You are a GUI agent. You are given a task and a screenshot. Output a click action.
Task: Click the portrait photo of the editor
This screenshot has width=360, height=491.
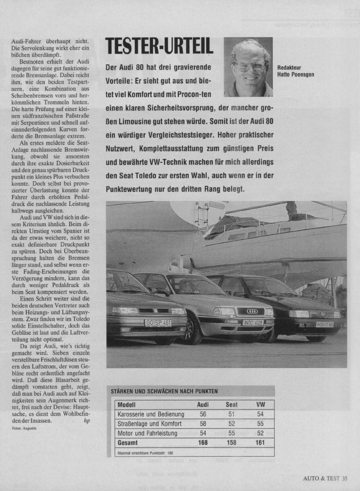pos(248,67)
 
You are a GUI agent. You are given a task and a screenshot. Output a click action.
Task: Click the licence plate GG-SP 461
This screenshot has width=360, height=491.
pos(158,322)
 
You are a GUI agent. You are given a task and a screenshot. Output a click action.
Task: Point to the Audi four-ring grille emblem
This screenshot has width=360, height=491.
pos(252,311)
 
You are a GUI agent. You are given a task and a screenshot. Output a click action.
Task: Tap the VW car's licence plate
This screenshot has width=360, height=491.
pos(324,324)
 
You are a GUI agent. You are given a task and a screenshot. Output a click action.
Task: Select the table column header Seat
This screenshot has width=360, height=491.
pos(231,405)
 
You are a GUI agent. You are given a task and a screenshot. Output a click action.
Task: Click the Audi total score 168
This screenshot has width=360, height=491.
pos(203,442)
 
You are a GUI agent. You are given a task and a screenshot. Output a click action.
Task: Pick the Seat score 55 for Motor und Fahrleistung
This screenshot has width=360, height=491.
pos(231,433)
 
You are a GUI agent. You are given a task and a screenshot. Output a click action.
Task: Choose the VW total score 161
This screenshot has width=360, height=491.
pos(260,442)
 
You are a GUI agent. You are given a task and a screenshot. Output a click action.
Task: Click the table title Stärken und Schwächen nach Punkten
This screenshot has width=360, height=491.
pos(164,391)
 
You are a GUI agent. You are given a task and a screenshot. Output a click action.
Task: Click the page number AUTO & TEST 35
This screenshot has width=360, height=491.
pos(325,477)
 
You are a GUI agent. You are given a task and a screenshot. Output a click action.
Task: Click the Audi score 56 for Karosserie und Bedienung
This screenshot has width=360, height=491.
pos(203,414)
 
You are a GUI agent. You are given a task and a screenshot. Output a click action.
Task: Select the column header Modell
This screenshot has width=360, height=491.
pos(127,405)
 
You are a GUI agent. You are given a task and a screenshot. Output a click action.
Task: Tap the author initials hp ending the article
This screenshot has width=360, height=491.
pos(86,420)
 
